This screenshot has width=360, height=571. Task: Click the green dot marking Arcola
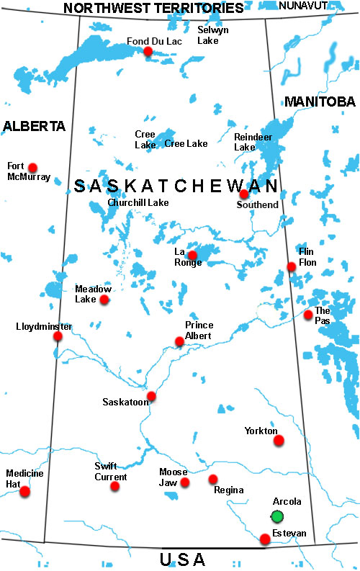click(277, 516)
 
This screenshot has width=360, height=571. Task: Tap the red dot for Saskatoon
click(151, 396)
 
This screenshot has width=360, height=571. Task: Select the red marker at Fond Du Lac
click(148, 51)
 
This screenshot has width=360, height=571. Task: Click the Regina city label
click(228, 490)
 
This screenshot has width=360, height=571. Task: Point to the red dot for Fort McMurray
click(32, 167)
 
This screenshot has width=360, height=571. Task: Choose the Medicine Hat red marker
click(25, 492)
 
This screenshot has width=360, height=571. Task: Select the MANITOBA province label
click(320, 102)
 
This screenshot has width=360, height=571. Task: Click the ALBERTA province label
click(34, 126)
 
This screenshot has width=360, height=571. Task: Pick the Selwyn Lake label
click(213, 35)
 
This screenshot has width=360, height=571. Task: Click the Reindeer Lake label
click(245, 141)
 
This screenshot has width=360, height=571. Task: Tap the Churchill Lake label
click(138, 203)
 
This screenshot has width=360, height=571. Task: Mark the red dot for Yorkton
click(279, 440)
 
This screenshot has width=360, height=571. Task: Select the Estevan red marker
click(265, 539)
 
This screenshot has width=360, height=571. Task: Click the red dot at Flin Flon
click(291, 266)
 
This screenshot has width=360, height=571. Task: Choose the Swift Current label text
click(111, 472)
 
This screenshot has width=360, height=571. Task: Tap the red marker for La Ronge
click(192, 255)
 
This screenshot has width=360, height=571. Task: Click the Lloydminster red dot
click(58, 336)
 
